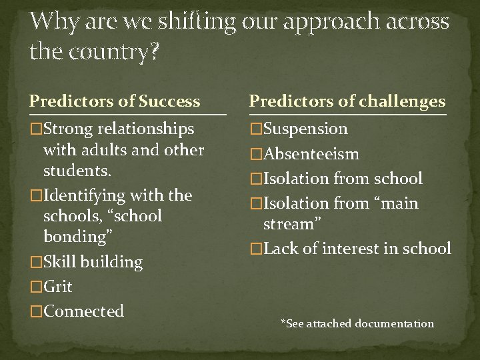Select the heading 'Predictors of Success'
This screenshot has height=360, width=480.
point(114,101)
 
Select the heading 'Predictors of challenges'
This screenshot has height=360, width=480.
point(347,101)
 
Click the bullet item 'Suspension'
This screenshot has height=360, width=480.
point(305,129)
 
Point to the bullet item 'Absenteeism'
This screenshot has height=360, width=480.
point(311,154)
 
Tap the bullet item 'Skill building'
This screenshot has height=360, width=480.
point(93,262)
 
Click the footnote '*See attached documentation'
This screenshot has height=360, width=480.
point(357,324)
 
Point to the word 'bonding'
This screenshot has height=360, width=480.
point(73,237)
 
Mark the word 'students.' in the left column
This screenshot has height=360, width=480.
point(74,170)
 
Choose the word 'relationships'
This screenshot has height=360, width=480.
point(145,129)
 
